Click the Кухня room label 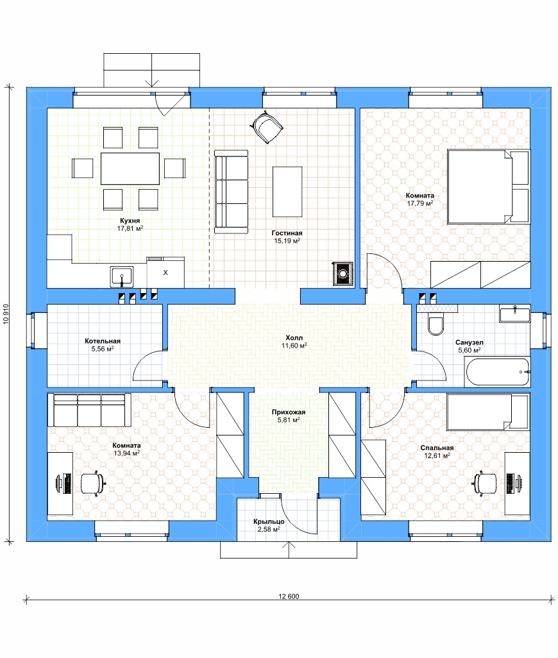tap(130, 221)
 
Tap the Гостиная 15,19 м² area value tap(287, 241)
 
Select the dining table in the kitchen tap(130, 169)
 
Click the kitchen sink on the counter tap(122, 276)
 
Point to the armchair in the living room tap(266, 127)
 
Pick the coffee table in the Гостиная tap(287, 192)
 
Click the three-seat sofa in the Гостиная tap(231, 192)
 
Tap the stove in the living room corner tap(342, 274)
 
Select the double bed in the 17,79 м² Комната tap(488, 187)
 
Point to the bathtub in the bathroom tap(498, 372)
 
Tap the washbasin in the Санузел tap(515, 315)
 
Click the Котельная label tap(103, 341)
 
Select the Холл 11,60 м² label tap(294, 342)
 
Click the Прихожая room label tap(288, 412)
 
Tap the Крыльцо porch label tap(269, 521)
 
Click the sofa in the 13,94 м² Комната tap(89, 410)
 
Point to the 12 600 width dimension tap(289, 596)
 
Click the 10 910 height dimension tap(6, 314)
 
